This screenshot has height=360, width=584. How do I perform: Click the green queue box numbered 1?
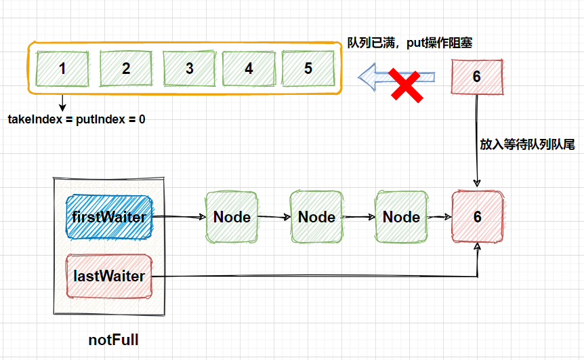[x=62, y=68]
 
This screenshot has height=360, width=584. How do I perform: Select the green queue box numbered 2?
[x=126, y=68]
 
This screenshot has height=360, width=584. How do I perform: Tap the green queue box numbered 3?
[x=190, y=68]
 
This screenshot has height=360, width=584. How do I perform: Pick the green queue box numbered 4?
[x=249, y=68]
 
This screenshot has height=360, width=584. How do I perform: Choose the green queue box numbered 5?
[x=308, y=68]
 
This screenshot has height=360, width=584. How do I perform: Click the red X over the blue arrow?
[x=406, y=85]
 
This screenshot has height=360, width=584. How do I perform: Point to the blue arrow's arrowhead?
[x=367, y=77]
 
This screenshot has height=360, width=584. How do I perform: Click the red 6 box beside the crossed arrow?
[x=477, y=77]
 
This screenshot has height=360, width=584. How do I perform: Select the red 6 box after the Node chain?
[x=478, y=217]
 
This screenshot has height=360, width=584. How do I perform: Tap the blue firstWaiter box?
[x=109, y=217]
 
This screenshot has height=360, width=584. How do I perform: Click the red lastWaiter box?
[x=109, y=276]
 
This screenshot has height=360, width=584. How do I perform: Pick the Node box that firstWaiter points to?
[x=232, y=217]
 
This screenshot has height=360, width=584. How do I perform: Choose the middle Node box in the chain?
[x=316, y=217]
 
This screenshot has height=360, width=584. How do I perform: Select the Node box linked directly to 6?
[x=401, y=217]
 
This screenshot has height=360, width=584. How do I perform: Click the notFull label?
[x=113, y=340]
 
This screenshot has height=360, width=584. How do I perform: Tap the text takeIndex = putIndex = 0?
[x=77, y=119]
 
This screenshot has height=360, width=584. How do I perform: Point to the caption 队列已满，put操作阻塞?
[x=410, y=43]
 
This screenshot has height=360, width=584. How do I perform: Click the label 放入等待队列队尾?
[x=527, y=144]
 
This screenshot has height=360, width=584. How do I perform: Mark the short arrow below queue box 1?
[x=62, y=103]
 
